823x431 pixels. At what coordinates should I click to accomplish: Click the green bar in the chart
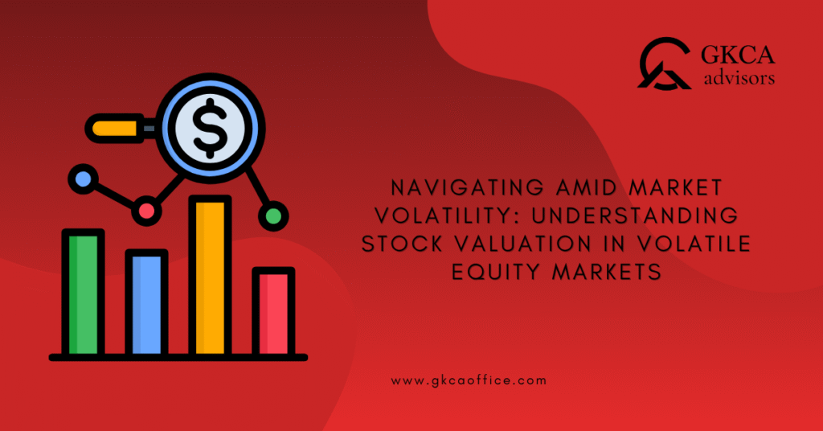pyautogui.click(x=84, y=294)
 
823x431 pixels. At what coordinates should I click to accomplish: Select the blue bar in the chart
pyautogui.click(x=146, y=304)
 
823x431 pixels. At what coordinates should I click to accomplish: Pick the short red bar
pyautogui.click(x=273, y=313)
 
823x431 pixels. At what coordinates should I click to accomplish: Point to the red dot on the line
pyautogui.click(x=146, y=210)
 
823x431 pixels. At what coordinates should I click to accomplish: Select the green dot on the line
pyautogui.click(x=273, y=215)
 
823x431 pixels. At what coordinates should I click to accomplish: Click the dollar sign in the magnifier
pyautogui.click(x=211, y=126)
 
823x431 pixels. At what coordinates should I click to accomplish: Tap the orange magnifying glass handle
pyautogui.click(x=117, y=127)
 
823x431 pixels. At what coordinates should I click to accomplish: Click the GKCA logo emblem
pyautogui.click(x=664, y=64)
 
